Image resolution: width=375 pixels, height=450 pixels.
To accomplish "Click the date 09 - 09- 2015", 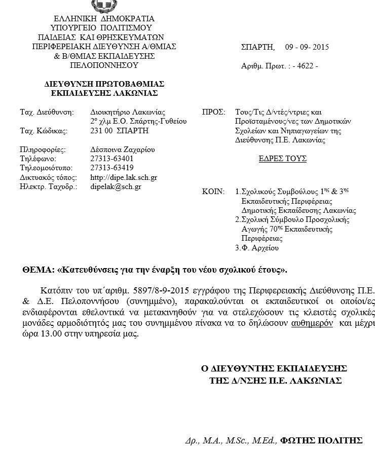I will (x=307, y=47).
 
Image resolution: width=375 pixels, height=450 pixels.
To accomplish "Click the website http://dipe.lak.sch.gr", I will (x=123, y=177).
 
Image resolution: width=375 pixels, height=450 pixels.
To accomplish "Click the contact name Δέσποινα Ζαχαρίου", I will (x=122, y=149).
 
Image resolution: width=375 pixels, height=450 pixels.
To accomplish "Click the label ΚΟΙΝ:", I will (x=213, y=192).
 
